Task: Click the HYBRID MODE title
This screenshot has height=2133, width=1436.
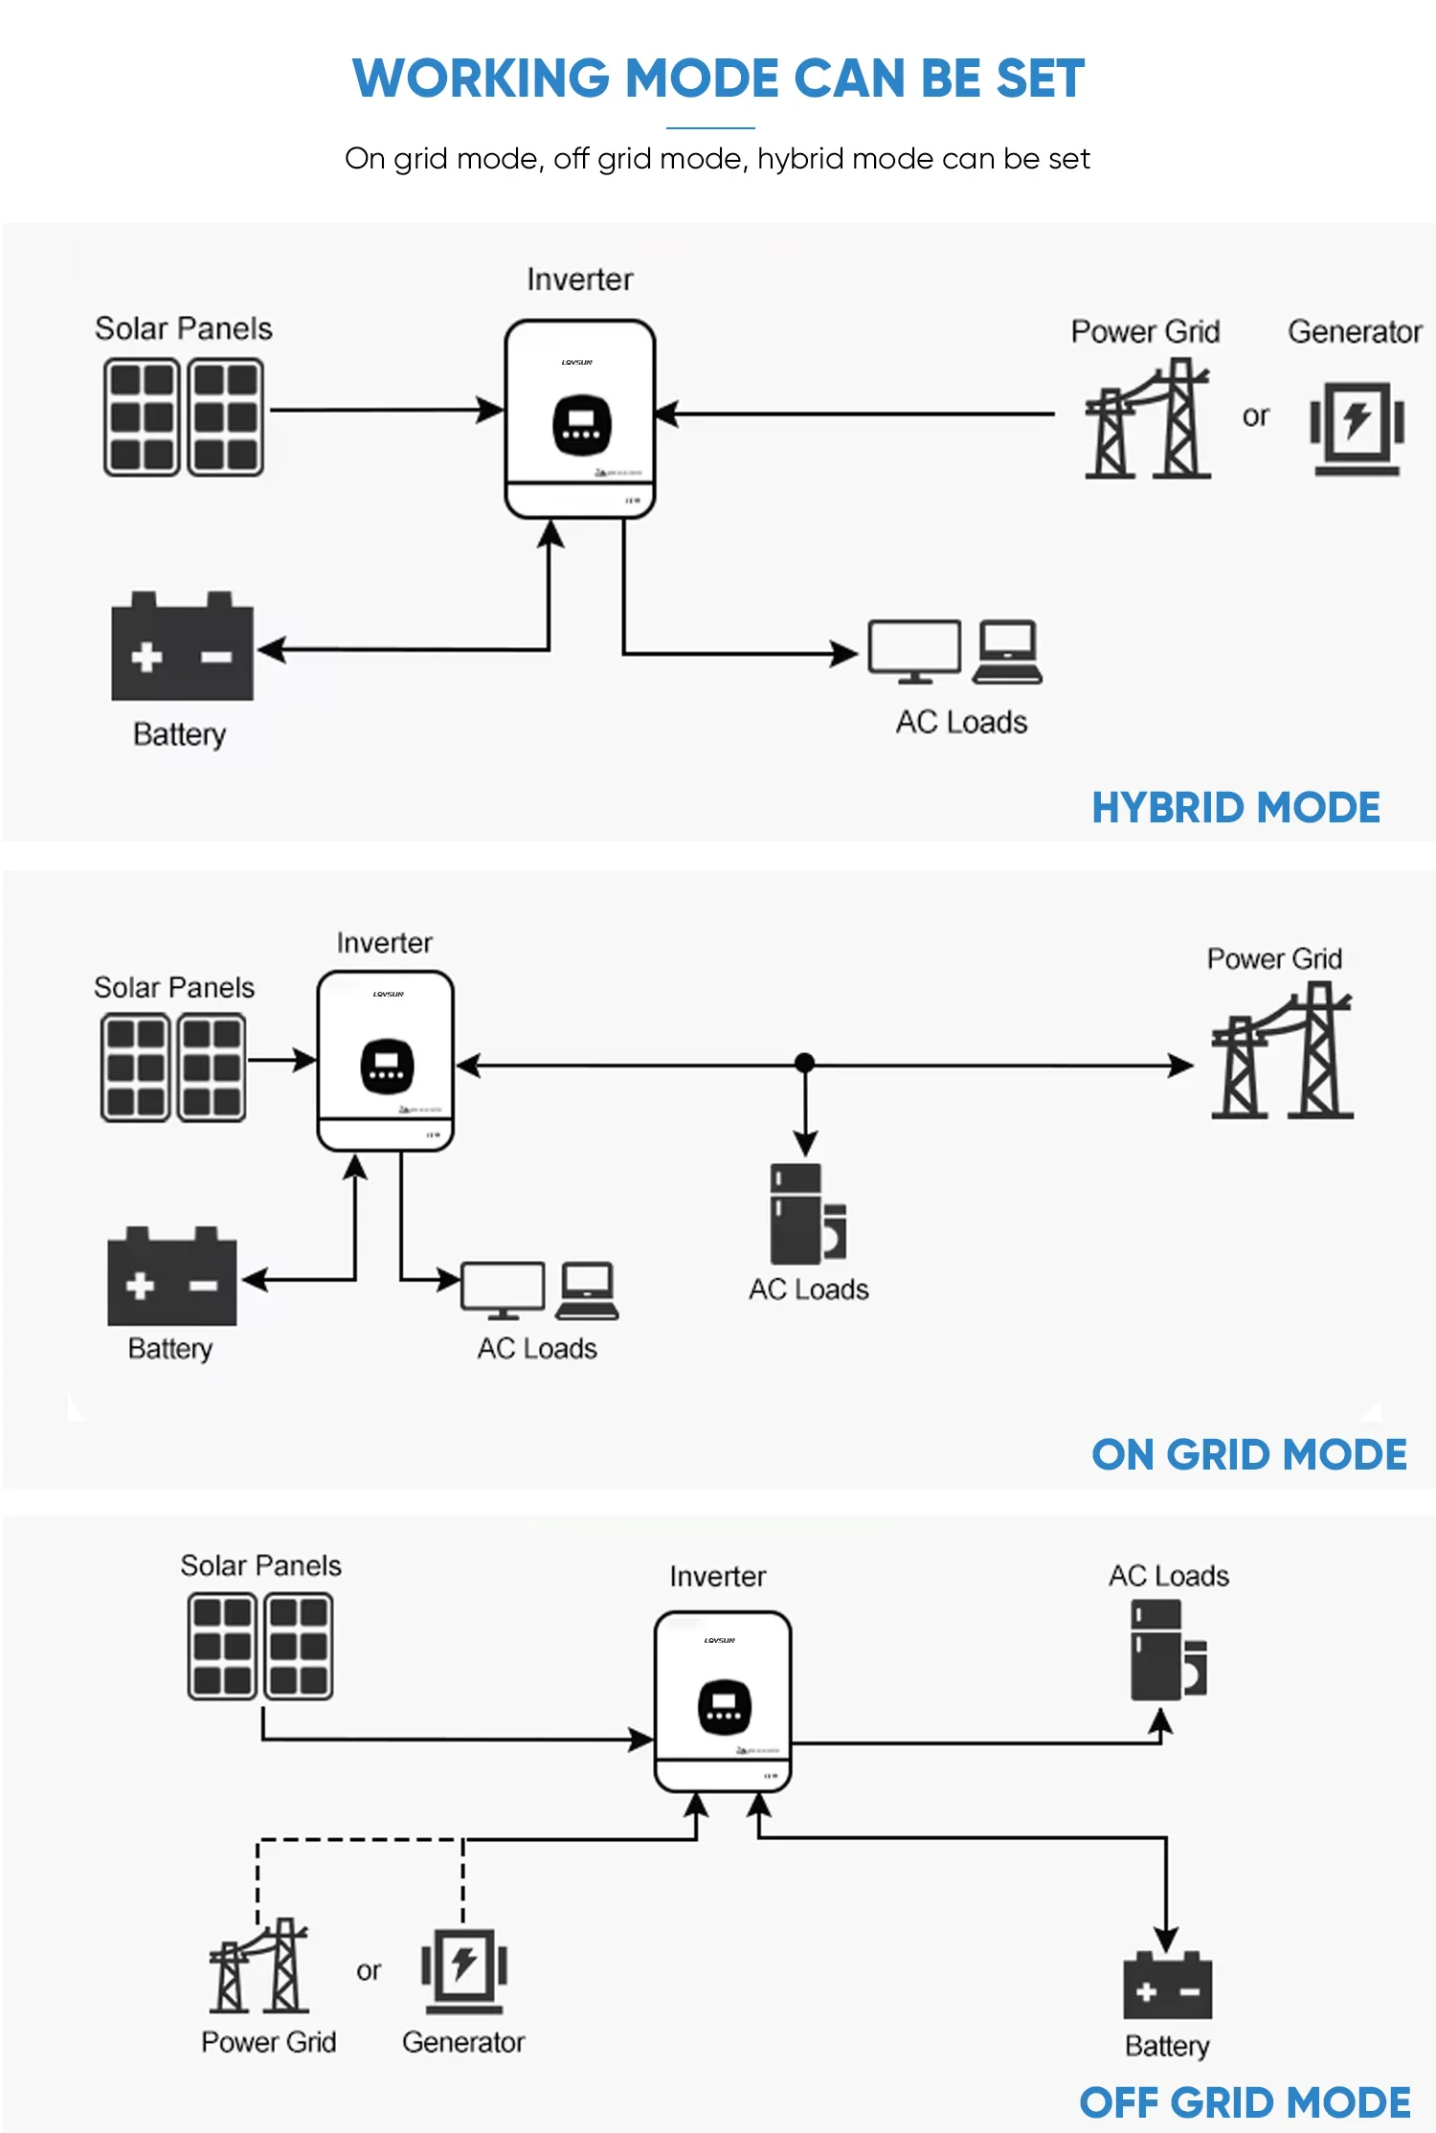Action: click(1235, 808)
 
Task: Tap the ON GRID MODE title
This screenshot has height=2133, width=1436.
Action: click(1248, 1454)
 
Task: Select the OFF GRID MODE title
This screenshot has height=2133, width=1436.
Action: click(1245, 2102)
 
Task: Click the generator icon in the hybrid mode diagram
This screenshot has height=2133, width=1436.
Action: click(1357, 427)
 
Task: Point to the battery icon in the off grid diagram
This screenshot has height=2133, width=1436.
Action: click(1167, 1984)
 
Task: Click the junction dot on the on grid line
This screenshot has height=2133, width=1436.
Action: click(805, 1063)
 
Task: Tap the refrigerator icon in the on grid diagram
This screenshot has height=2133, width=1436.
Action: click(807, 1214)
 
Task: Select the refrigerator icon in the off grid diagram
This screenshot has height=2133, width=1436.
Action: click(1168, 1650)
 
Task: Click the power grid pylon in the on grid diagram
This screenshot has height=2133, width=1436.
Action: click(1282, 1053)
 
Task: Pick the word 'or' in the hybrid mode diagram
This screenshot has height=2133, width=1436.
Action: click(1255, 416)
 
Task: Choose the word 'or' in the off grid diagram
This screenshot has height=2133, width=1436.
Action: click(369, 1970)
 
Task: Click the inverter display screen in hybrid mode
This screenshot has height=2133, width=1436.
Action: click(581, 425)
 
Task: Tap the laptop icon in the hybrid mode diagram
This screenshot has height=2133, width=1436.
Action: click(1006, 652)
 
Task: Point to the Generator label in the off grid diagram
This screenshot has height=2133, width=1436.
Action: click(463, 2042)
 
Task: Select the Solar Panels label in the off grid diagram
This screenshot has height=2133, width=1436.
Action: click(260, 1565)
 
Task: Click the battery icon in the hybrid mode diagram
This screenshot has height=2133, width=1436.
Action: click(182, 647)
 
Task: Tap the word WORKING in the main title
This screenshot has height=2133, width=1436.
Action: click(481, 79)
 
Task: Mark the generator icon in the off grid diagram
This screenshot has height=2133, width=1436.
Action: click(464, 1969)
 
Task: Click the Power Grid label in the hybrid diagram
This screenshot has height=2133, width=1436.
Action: click(1145, 331)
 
